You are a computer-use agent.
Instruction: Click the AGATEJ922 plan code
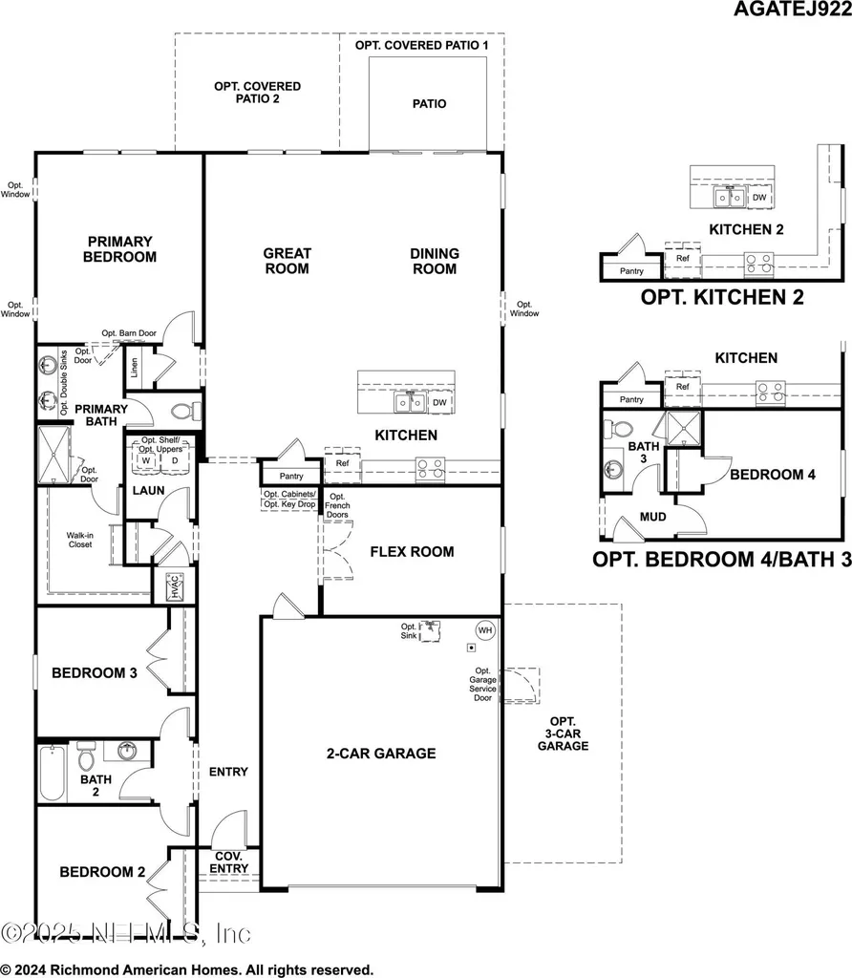point(792,11)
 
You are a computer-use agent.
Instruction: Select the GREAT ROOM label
point(287,261)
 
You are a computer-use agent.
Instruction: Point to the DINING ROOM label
point(435,261)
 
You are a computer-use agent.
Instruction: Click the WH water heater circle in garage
point(484,630)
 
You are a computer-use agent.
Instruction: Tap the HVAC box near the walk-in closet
point(175,585)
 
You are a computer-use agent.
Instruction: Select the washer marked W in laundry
point(146,460)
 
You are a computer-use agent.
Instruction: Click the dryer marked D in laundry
point(175,460)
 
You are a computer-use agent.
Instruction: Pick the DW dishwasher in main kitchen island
point(438,403)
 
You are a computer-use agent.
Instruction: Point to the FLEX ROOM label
point(412,551)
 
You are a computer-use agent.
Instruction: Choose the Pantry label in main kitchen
point(290,476)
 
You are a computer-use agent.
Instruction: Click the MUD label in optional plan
point(652,517)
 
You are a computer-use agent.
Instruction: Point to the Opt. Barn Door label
point(129,333)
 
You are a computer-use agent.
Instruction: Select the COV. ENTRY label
point(229,862)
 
